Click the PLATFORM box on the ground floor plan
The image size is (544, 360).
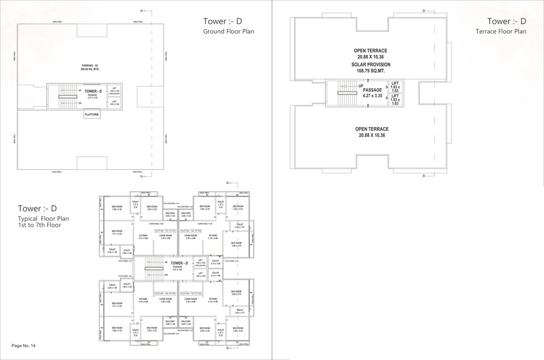pyautogui.click(x=91, y=114)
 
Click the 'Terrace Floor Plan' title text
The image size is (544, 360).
pyautogui.click(x=500, y=32)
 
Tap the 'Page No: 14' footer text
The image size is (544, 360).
pyautogui.click(x=23, y=346)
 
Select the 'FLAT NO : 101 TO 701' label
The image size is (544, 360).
pyautogui.click(x=165, y=231)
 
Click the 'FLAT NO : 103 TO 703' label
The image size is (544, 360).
pyautogui.click(x=191, y=293)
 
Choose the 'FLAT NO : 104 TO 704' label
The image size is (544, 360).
pyautogui.click(x=165, y=293)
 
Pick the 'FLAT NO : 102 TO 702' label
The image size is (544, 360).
pyautogui.click(x=191, y=231)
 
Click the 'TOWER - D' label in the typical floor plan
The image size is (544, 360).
pyautogui.click(x=179, y=263)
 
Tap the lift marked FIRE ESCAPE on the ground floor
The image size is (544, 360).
pyautogui.click(x=114, y=91)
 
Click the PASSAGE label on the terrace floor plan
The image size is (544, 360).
pyautogui.click(x=372, y=90)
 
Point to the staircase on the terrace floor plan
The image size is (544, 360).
pyautogui.click(x=344, y=93)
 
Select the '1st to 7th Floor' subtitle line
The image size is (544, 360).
pyautogui.click(x=39, y=225)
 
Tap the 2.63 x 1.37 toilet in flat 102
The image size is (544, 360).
pyautogui.click(x=240, y=226)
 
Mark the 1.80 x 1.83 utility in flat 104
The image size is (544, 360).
pyautogui.click(x=127, y=285)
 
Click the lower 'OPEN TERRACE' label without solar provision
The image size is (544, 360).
pyautogui.click(x=371, y=129)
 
